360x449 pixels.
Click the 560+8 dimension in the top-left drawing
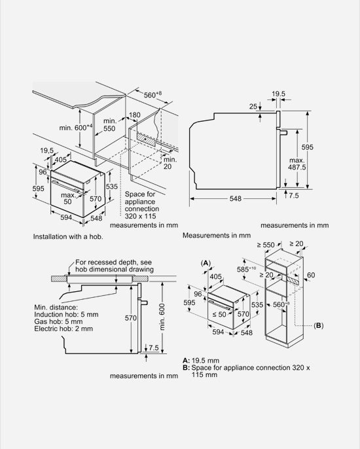point(153,95)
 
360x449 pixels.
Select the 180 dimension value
point(135,115)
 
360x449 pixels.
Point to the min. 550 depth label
point(109,125)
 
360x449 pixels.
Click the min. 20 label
point(170,163)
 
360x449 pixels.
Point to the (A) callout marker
point(206,262)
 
